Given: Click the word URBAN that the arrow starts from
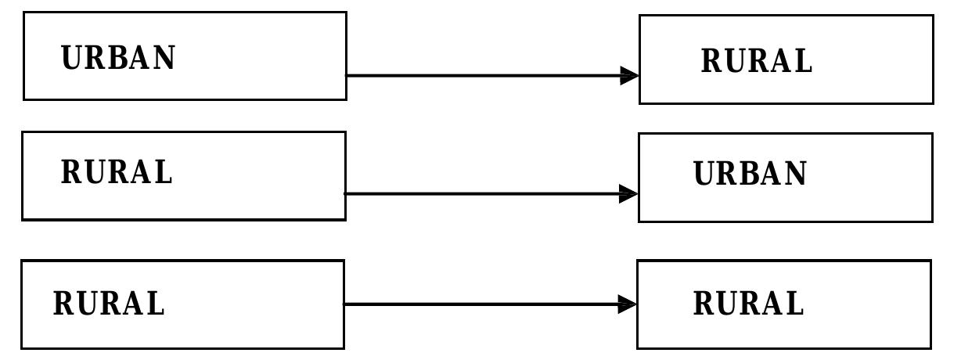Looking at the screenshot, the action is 118,57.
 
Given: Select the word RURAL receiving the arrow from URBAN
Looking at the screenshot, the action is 757,60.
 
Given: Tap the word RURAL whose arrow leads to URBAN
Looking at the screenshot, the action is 117,171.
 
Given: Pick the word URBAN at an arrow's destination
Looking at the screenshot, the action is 750,174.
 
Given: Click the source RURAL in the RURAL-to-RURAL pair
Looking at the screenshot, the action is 109,303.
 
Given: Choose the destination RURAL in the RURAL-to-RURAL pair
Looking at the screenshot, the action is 749,303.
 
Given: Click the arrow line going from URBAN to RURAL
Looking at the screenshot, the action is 492,76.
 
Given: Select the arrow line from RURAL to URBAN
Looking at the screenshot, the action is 491,194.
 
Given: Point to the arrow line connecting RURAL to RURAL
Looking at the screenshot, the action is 490,304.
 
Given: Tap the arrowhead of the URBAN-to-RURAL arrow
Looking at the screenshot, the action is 630,76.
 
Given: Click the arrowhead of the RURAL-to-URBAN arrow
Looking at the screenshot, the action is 629,194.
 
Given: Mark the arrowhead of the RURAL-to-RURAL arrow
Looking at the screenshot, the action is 628,304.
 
